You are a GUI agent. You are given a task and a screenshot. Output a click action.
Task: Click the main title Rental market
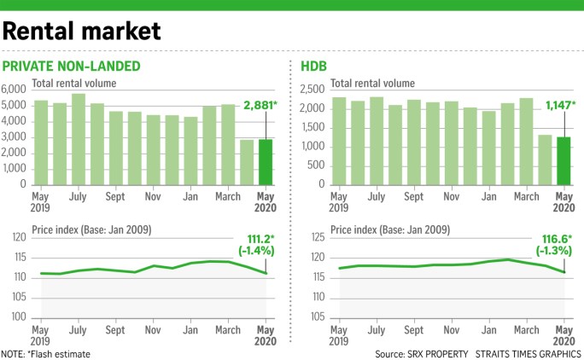click(x=82, y=31)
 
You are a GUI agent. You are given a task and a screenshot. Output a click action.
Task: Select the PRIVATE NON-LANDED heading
click(x=72, y=66)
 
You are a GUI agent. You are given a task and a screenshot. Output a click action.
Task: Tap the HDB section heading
click(x=316, y=66)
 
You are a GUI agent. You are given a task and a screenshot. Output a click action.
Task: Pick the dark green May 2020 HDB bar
click(x=563, y=160)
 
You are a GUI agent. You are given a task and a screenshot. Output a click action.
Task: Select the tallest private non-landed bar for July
click(x=79, y=138)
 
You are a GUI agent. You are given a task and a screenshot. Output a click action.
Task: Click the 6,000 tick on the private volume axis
click(x=15, y=89)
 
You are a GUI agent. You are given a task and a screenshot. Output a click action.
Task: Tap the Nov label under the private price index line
click(x=154, y=329)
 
